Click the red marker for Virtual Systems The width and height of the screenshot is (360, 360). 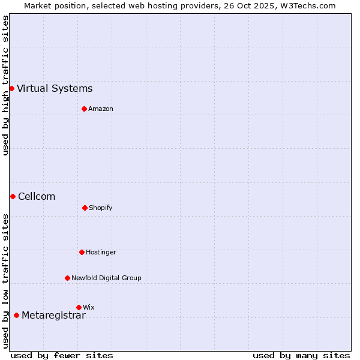tap(11, 89)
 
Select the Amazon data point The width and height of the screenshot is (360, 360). tap(85, 109)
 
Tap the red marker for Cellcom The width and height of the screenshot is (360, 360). tap(13, 196)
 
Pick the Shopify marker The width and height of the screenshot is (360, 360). tap(85, 208)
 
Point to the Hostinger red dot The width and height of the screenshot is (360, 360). tap(82, 252)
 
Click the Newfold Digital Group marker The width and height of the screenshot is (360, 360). tap(67, 278)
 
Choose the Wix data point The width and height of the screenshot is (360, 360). tap(79, 307)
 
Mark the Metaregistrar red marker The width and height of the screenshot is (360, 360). tap(16, 315)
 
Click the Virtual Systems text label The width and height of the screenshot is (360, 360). tap(55, 89)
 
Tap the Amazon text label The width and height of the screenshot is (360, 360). tap(101, 109)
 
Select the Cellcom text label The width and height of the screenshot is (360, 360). tap(37, 197)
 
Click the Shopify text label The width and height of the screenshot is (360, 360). tap(101, 208)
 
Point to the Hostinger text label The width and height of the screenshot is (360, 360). tap(101, 253)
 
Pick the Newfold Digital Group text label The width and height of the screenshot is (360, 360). tap(106, 278)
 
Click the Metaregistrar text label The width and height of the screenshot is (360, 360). tap(53, 316)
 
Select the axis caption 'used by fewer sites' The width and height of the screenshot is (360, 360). tap(62, 355)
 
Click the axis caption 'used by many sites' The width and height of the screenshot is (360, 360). tap(301, 355)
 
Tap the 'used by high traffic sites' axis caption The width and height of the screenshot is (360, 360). tap(5, 85)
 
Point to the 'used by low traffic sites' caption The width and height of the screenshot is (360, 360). tap(5, 281)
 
